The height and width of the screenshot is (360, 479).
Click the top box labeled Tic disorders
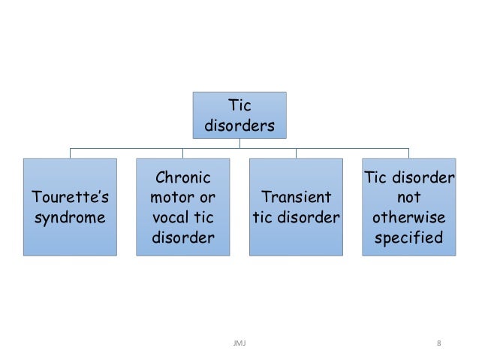coord(239,115)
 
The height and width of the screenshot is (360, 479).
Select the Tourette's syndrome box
coord(70,207)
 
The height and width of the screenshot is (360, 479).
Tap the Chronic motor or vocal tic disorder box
coord(182,207)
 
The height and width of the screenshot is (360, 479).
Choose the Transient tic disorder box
coord(296,207)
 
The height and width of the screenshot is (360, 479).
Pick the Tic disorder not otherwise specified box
coord(408,207)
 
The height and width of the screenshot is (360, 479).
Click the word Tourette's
coord(70,198)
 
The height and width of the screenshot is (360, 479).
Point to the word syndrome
coord(70,219)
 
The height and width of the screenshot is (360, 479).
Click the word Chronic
coord(182,178)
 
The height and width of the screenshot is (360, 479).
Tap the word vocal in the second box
coord(171,219)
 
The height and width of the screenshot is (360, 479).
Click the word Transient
coord(296,198)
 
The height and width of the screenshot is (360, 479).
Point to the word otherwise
coord(408,219)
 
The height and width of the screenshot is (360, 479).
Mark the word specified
coord(408,239)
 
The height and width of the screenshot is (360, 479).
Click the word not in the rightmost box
coord(408,198)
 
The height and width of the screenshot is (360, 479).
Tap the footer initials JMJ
coord(239,343)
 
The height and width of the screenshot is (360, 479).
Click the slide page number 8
coord(438,343)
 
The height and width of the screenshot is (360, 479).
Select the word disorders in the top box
coord(239,126)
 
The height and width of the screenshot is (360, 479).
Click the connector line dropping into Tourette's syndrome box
coord(70,153)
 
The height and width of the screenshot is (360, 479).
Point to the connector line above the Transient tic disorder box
coord(296,153)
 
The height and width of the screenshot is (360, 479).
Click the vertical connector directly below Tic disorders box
coord(239,144)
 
